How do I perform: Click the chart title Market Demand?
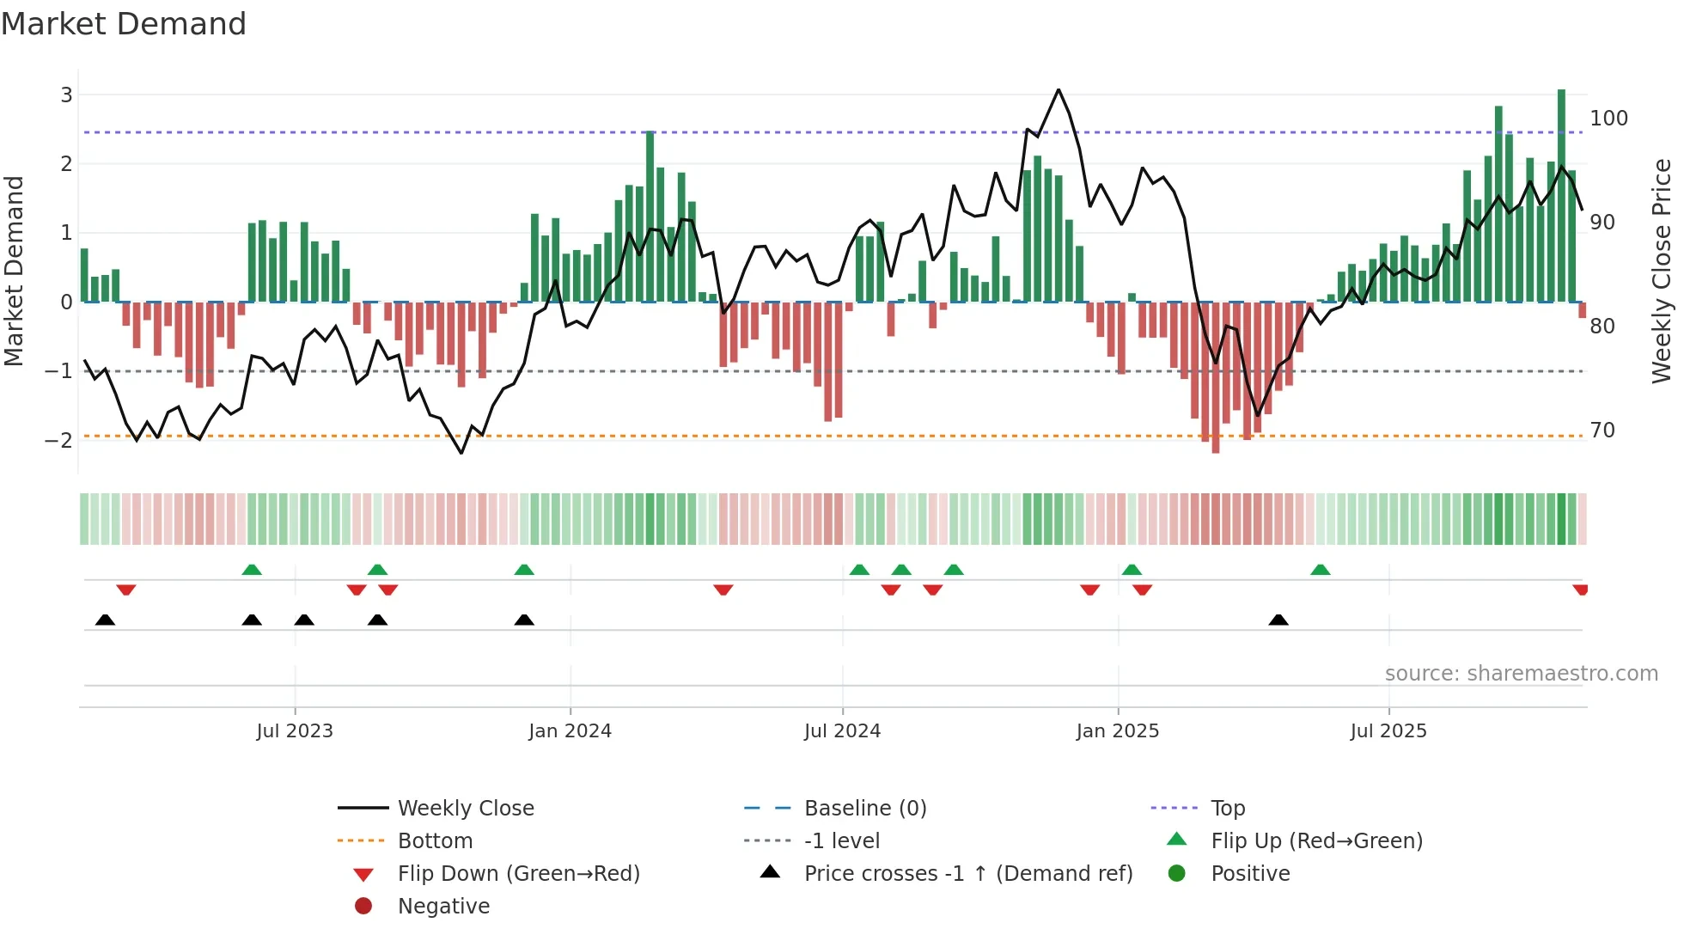tap(124, 24)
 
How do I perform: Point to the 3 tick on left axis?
tap(66, 95)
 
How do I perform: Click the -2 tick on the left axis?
tap(59, 440)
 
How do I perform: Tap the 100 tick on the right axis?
tap(1608, 118)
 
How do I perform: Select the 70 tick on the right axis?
tap(1602, 430)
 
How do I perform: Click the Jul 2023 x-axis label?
tap(294, 731)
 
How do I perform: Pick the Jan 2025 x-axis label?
tap(1117, 731)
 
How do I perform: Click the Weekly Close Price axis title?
tap(1662, 271)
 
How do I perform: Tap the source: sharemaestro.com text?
tap(1521, 674)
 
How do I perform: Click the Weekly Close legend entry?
tap(465, 809)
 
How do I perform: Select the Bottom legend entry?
tap(435, 841)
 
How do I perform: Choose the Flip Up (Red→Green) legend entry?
tap(1316, 841)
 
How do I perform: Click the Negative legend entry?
tap(443, 907)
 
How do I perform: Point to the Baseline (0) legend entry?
tap(864, 809)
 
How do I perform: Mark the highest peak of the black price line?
tap(1059, 90)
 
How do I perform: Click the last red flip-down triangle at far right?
tap(1580, 590)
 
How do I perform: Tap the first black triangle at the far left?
tap(105, 620)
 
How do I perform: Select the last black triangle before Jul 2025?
tap(1278, 620)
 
